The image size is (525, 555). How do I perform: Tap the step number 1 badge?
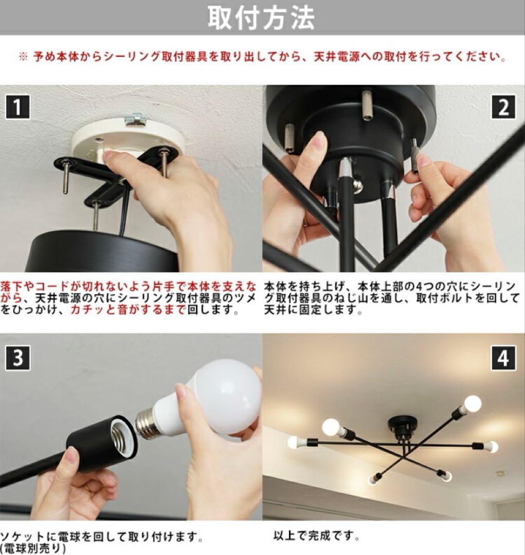17,107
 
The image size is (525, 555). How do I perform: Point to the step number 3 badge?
17,358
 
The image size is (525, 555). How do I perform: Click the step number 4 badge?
503,358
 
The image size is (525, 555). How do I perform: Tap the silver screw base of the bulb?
145,422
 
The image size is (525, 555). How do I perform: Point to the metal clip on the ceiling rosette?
136,119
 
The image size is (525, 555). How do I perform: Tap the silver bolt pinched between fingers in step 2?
414,156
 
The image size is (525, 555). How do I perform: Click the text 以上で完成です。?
316,536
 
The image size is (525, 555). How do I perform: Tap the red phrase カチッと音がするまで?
128,310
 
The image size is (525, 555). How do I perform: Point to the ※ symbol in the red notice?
23,57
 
